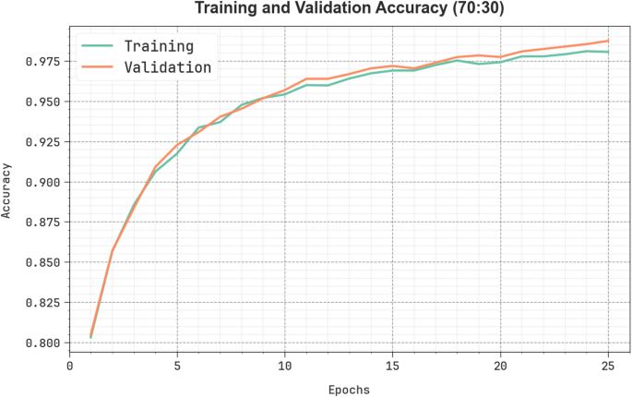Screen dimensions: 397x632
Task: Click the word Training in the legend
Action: click(x=159, y=45)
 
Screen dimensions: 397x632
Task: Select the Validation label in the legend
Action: click(x=168, y=66)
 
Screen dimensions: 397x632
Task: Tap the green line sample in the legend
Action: click(x=97, y=45)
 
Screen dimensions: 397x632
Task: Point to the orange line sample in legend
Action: click(x=97, y=66)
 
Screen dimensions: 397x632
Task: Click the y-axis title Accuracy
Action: click(x=7, y=190)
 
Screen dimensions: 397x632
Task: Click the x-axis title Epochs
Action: click(x=349, y=390)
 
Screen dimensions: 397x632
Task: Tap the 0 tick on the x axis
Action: click(x=69, y=366)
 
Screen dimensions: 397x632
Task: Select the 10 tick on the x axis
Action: click(x=285, y=366)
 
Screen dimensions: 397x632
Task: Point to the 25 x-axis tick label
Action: click(x=608, y=366)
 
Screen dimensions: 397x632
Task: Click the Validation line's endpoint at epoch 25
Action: click(x=608, y=41)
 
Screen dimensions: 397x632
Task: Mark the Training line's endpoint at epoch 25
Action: click(x=608, y=52)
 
